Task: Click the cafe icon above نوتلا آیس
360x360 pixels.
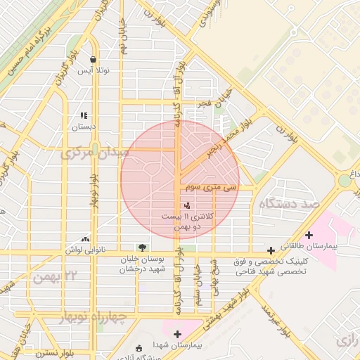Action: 93,60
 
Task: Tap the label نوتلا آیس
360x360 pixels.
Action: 93,72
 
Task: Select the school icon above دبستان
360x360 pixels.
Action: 84,115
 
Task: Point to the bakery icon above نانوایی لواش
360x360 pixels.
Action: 86,239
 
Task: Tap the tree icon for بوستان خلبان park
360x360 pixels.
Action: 143,247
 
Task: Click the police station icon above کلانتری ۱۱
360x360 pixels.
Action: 187,205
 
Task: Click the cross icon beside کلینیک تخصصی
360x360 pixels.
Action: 271,250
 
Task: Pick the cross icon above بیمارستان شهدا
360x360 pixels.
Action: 177,334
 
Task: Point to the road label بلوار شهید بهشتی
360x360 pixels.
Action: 226,309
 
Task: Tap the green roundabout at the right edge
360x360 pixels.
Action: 345,181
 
